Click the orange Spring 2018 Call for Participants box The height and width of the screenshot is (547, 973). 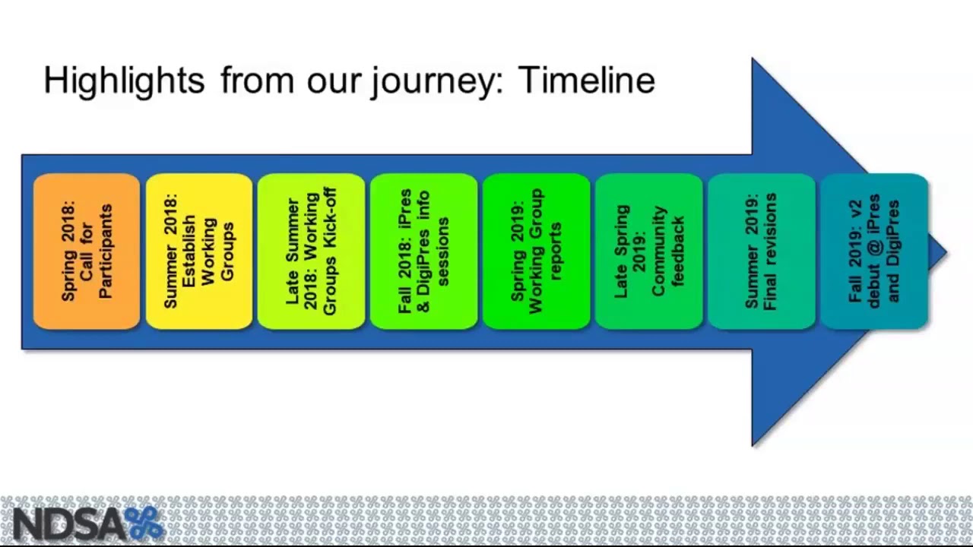click(x=87, y=251)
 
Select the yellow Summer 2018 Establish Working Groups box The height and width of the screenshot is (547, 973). click(x=198, y=251)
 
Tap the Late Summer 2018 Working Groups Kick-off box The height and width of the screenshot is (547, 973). click(x=311, y=251)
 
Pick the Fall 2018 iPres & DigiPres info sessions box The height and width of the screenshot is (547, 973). click(x=423, y=251)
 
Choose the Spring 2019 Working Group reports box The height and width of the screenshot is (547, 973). click(x=536, y=251)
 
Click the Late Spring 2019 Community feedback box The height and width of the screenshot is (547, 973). click(x=648, y=251)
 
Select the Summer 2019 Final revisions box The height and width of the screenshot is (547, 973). click(x=761, y=251)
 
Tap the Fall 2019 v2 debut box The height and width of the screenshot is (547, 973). click(x=873, y=251)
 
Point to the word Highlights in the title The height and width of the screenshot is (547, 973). click(x=124, y=81)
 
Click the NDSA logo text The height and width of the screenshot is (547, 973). click(x=67, y=524)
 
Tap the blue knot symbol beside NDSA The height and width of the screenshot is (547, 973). click(x=144, y=523)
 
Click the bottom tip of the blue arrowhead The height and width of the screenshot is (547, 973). click(x=753, y=444)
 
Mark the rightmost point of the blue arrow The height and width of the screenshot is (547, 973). click(x=946, y=252)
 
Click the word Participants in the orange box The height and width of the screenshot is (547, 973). click(x=106, y=251)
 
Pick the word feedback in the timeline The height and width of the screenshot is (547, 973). click(x=677, y=251)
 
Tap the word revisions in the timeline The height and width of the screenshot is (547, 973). click(x=771, y=251)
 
